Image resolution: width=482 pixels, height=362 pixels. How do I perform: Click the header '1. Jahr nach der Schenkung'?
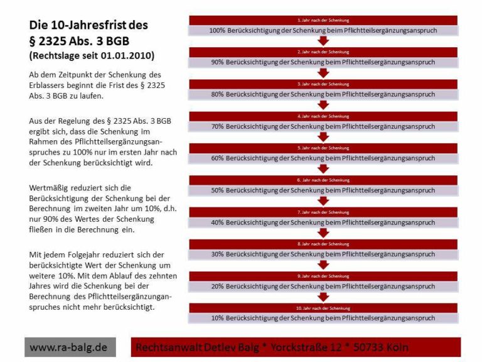323,20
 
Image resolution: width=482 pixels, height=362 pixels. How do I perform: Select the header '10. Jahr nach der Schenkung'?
323,308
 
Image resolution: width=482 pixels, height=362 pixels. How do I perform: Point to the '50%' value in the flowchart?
218,190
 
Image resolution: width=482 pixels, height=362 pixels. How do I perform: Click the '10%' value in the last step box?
218,318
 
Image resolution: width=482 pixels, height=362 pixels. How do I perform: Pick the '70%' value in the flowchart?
218,126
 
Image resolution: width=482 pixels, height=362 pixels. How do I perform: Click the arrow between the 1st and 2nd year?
323,41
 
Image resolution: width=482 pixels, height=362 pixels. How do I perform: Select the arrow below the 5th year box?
323,168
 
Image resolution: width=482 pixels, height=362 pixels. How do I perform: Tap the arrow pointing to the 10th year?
323,297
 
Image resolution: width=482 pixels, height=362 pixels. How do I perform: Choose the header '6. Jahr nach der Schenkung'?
323,180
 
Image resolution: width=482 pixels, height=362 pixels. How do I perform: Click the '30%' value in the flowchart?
218,254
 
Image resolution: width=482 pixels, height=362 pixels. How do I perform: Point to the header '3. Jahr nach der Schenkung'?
323,84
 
